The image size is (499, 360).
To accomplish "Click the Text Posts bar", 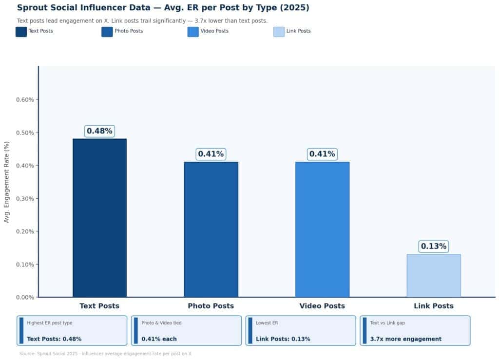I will coord(99,218).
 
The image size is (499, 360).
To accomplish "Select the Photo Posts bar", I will coord(211,229).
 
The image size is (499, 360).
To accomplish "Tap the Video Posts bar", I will coord(322,229).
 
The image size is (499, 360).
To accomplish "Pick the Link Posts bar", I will coord(433,275).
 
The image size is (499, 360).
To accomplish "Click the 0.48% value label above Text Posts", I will coord(99,131).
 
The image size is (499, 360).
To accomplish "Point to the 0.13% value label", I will coord(433,246).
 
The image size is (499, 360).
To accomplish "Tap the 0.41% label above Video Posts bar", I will coord(322,154).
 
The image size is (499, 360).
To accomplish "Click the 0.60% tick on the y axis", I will coord(25,100).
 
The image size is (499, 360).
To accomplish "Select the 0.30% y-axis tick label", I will coord(25,199).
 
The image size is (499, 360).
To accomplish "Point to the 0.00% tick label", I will coord(25,297).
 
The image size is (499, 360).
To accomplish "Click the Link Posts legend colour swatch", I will coord(279,32).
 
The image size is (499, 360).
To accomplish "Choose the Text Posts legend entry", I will coord(35,32).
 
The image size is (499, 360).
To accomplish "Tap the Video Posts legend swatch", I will coord(193,32).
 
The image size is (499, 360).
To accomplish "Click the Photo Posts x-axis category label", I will coord(211,306).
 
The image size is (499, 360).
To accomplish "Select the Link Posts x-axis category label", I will coord(433,306).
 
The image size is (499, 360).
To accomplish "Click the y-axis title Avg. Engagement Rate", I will coord(7,182).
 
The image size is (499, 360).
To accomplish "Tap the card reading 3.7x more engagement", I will coord(415,331).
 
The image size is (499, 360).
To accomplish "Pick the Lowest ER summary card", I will coord(300,331).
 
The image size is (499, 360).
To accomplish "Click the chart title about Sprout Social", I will coord(163,8).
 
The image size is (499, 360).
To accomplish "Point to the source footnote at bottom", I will coord(105,354).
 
